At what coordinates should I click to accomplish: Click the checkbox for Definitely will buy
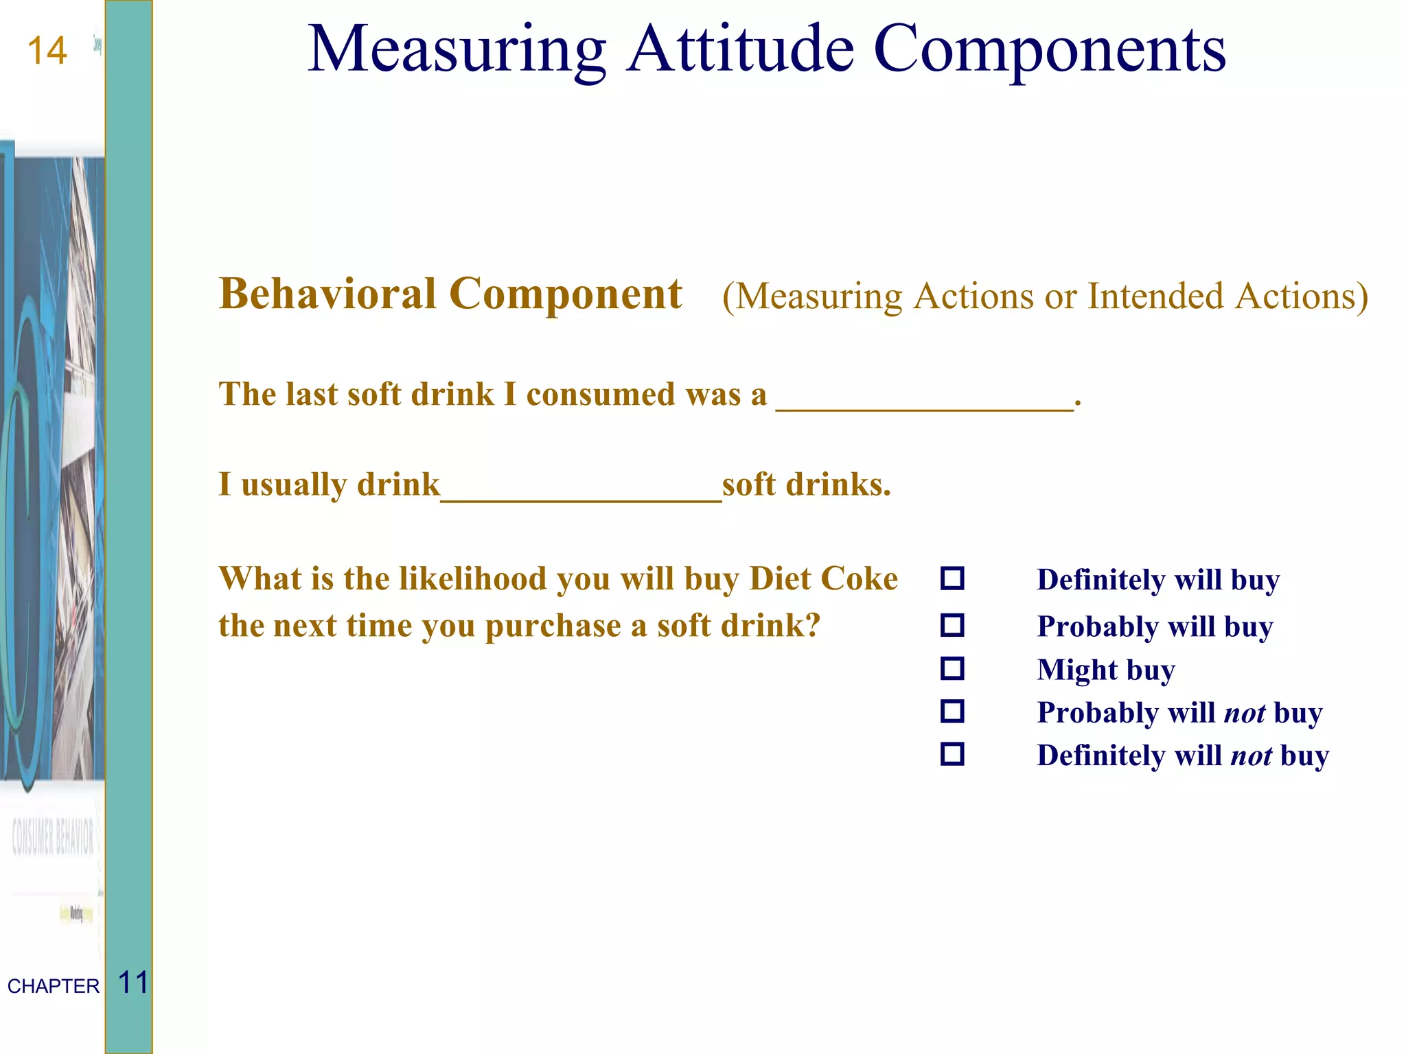[952, 578]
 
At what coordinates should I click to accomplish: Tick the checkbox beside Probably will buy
[952, 625]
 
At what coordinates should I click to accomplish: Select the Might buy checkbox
[952, 668]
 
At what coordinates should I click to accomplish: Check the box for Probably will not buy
[952, 712]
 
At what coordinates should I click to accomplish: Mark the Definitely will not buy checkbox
[952, 754]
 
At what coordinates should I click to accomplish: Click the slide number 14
[47, 51]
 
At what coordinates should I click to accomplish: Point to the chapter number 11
[133, 983]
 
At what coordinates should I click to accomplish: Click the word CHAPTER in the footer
[54, 986]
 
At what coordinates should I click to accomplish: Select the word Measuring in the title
[457, 49]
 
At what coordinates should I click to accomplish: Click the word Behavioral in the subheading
[327, 294]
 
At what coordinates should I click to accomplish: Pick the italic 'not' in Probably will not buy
[1245, 713]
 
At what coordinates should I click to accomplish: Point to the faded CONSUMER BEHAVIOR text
[53, 837]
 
